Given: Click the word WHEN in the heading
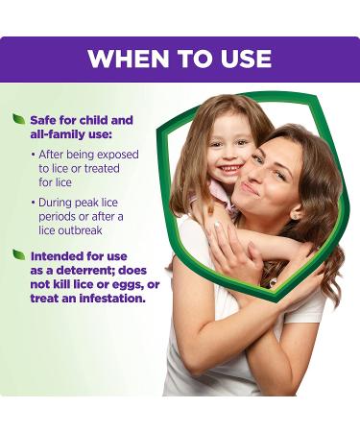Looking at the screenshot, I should click(123, 58).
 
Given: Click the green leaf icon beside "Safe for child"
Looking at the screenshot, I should click(18, 118).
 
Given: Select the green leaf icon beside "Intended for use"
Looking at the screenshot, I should click(18, 254).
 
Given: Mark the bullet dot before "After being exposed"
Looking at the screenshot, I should click(34, 154).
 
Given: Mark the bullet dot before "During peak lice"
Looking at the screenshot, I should click(34, 204).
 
